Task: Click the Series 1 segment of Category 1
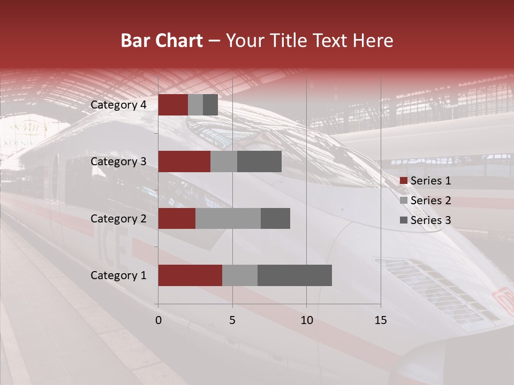(x=190, y=275)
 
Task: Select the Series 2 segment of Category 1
(x=240, y=275)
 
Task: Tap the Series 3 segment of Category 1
(x=294, y=275)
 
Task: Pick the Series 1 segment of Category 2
(x=177, y=218)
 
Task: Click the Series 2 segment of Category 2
(x=228, y=218)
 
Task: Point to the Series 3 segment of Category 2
(x=275, y=218)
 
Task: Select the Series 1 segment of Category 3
(x=184, y=161)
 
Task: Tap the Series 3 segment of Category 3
(x=259, y=161)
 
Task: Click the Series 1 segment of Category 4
(x=173, y=105)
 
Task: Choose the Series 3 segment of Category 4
(x=210, y=105)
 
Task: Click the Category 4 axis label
(x=118, y=105)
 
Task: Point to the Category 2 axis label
(x=118, y=218)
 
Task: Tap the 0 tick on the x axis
(x=158, y=320)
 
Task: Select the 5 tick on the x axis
(x=232, y=320)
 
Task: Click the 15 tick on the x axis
(x=381, y=320)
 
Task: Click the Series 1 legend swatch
(x=403, y=181)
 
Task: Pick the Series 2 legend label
(x=430, y=201)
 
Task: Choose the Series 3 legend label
(x=430, y=220)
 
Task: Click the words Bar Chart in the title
(x=162, y=40)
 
